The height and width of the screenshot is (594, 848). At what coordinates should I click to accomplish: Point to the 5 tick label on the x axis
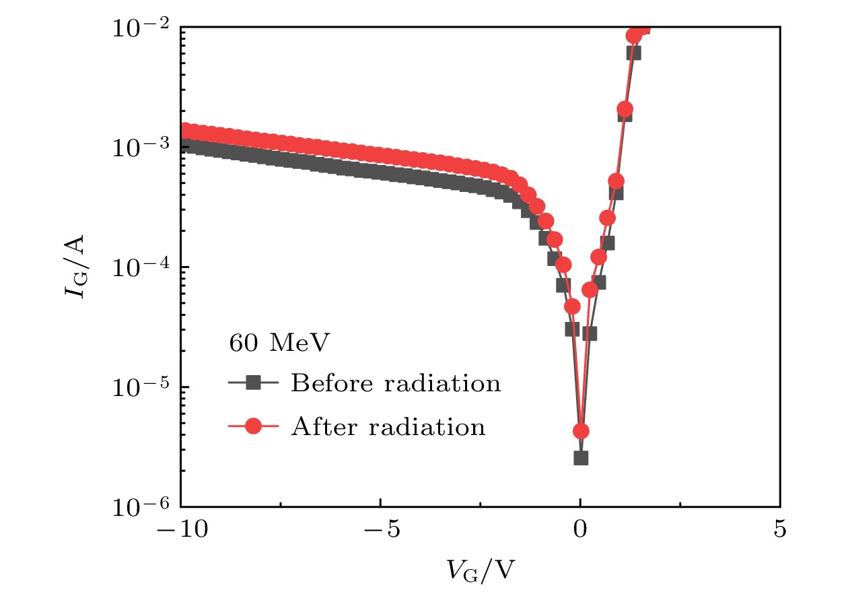(780, 529)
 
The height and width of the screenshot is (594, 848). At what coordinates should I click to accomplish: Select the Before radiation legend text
(396, 384)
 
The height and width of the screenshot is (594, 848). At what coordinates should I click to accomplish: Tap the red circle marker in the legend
(253, 427)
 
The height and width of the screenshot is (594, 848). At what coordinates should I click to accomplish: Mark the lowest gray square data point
(581, 458)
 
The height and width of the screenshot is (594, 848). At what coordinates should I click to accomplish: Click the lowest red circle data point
(581, 431)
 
